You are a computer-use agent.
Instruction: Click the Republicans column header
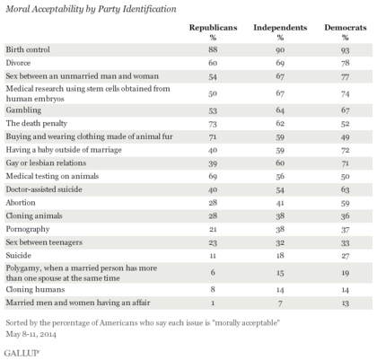tap(213, 28)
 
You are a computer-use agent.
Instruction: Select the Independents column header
tap(280, 28)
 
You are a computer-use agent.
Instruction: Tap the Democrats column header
tap(346, 28)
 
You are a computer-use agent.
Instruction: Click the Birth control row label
tap(28, 49)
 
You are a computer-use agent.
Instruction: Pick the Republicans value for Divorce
tap(213, 63)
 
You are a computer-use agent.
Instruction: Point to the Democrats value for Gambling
tap(346, 110)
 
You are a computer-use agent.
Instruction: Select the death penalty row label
tap(37, 123)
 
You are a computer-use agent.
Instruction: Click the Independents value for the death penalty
tap(280, 123)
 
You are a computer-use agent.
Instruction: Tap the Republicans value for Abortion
tap(213, 203)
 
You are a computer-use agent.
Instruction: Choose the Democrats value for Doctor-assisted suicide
tap(346, 189)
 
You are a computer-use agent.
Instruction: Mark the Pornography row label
tap(28, 229)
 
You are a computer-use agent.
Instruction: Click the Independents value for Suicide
tap(280, 256)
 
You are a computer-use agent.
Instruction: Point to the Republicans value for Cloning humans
tap(213, 289)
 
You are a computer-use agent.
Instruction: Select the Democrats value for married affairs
tap(346, 303)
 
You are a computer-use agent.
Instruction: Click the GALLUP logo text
tap(22, 353)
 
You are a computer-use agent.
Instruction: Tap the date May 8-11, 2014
tap(31, 334)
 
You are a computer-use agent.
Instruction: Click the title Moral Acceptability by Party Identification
tap(91, 9)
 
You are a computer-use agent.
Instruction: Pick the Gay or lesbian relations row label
tap(46, 162)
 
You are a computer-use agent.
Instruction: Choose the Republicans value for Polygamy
tap(213, 272)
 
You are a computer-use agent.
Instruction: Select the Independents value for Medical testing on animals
tap(280, 176)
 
